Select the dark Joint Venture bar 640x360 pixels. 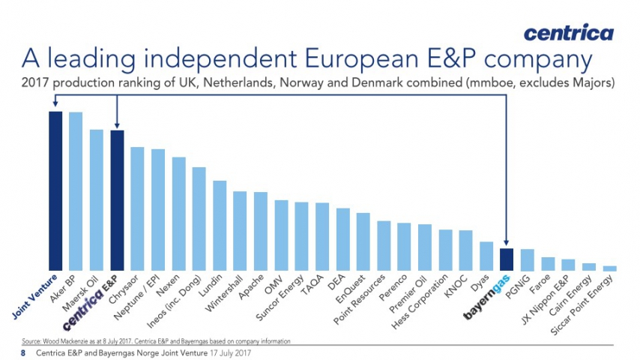click(x=55, y=190)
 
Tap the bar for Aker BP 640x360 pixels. click(x=76, y=190)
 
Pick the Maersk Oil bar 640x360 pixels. click(x=97, y=199)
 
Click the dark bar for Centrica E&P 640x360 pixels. click(x=117, y=199)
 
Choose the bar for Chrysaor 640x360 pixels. click(x=137, y=208)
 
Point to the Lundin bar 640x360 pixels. click(x=220, y=225)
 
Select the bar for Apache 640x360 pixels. click(x=261, y=231)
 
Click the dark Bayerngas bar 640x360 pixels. click(x=507, y=259)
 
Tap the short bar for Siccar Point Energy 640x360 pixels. click(x=609, y=267)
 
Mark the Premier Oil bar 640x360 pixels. click(x=424, y=247)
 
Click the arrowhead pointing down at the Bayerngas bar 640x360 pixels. click(x=507, y=242)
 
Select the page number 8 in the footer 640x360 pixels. click(x=23, y=352)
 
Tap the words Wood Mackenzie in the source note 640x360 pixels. click(x=61, y=341)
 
